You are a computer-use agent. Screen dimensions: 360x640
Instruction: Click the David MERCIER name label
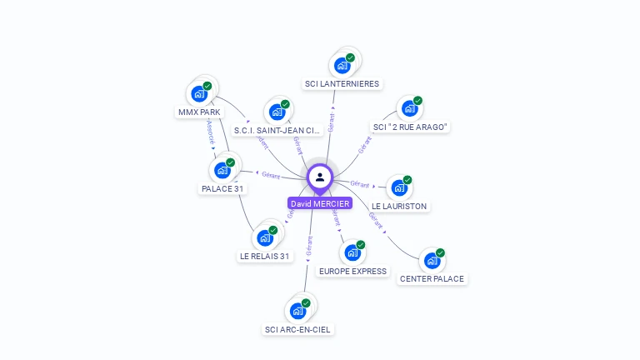click(x=320, y=203)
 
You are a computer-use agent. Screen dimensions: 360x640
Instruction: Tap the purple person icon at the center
click(x=320, y=177)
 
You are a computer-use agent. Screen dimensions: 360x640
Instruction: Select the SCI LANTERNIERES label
click(x=342, y=83)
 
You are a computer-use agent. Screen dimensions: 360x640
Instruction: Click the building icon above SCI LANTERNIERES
click(x=342, y=65)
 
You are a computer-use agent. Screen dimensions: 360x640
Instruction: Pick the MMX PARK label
click(x=199, y=112)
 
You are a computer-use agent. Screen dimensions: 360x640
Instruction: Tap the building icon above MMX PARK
click(x=199, y=93)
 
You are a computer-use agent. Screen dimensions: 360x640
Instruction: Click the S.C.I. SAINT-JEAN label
click(x=277, y=130)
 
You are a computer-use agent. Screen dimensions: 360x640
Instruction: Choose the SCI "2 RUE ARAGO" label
click(x=411, y=127)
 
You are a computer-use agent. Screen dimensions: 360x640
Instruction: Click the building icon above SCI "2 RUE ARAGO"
click(x=408, y=108)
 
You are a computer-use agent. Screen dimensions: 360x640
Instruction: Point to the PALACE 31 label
click(x=222, y=188)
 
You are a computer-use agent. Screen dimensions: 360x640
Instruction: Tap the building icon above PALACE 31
click(x=222, y=170)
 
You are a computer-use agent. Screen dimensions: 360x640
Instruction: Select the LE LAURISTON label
click(x=399, y=206)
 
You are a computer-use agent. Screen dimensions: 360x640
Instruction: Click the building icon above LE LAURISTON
click(x=398, y=187)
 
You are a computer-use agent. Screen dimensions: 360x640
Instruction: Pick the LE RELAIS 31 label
click(x=265, y=256)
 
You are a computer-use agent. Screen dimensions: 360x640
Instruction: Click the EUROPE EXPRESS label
click(x=352, y=271)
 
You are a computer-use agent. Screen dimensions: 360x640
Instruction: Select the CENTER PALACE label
click(x=432, y=278)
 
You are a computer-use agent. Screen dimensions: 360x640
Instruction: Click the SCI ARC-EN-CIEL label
click(x=297, y=329)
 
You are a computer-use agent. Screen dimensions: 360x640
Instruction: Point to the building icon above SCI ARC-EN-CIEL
click(x=297, y=311)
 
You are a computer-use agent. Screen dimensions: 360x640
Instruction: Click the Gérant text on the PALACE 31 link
click(x=271, y=175)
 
